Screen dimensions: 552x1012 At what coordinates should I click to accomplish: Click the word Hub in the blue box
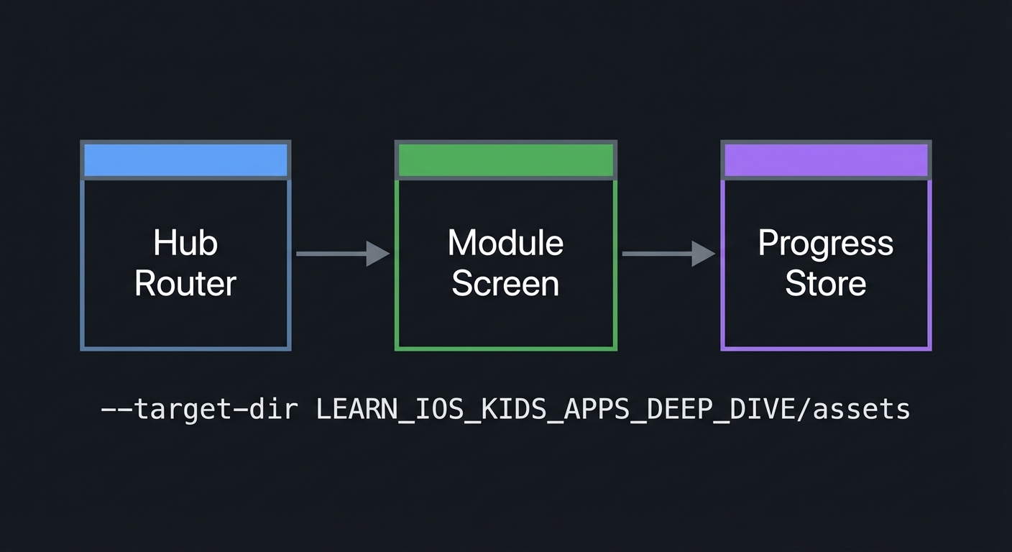tap(185, 243)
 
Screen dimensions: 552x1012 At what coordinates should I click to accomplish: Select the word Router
tap(185, 283)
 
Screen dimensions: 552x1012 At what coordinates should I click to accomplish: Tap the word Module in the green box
tap(505, 243)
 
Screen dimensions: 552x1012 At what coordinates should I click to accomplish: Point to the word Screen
tap(505, 283)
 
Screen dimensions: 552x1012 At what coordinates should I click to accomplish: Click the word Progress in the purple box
tap(826, 243)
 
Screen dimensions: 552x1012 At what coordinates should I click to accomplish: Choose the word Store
tap(826, 283)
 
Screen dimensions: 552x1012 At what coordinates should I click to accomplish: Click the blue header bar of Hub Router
tap(185, 160)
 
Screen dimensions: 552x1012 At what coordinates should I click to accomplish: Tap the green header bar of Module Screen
tap(505, 160)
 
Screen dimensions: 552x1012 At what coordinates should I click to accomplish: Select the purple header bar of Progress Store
tap(826, 160)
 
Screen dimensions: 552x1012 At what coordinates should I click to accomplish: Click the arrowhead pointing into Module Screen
tap(377, 254)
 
